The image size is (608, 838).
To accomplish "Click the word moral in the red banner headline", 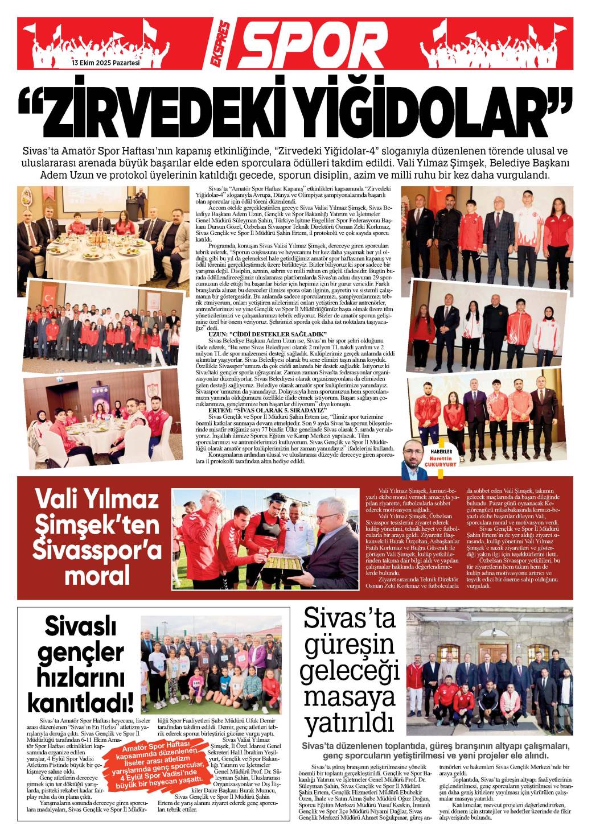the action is pyautogui.click(x=97, y=575).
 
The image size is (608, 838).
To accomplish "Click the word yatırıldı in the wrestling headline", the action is pyautogui.click(x=350, y=723).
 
